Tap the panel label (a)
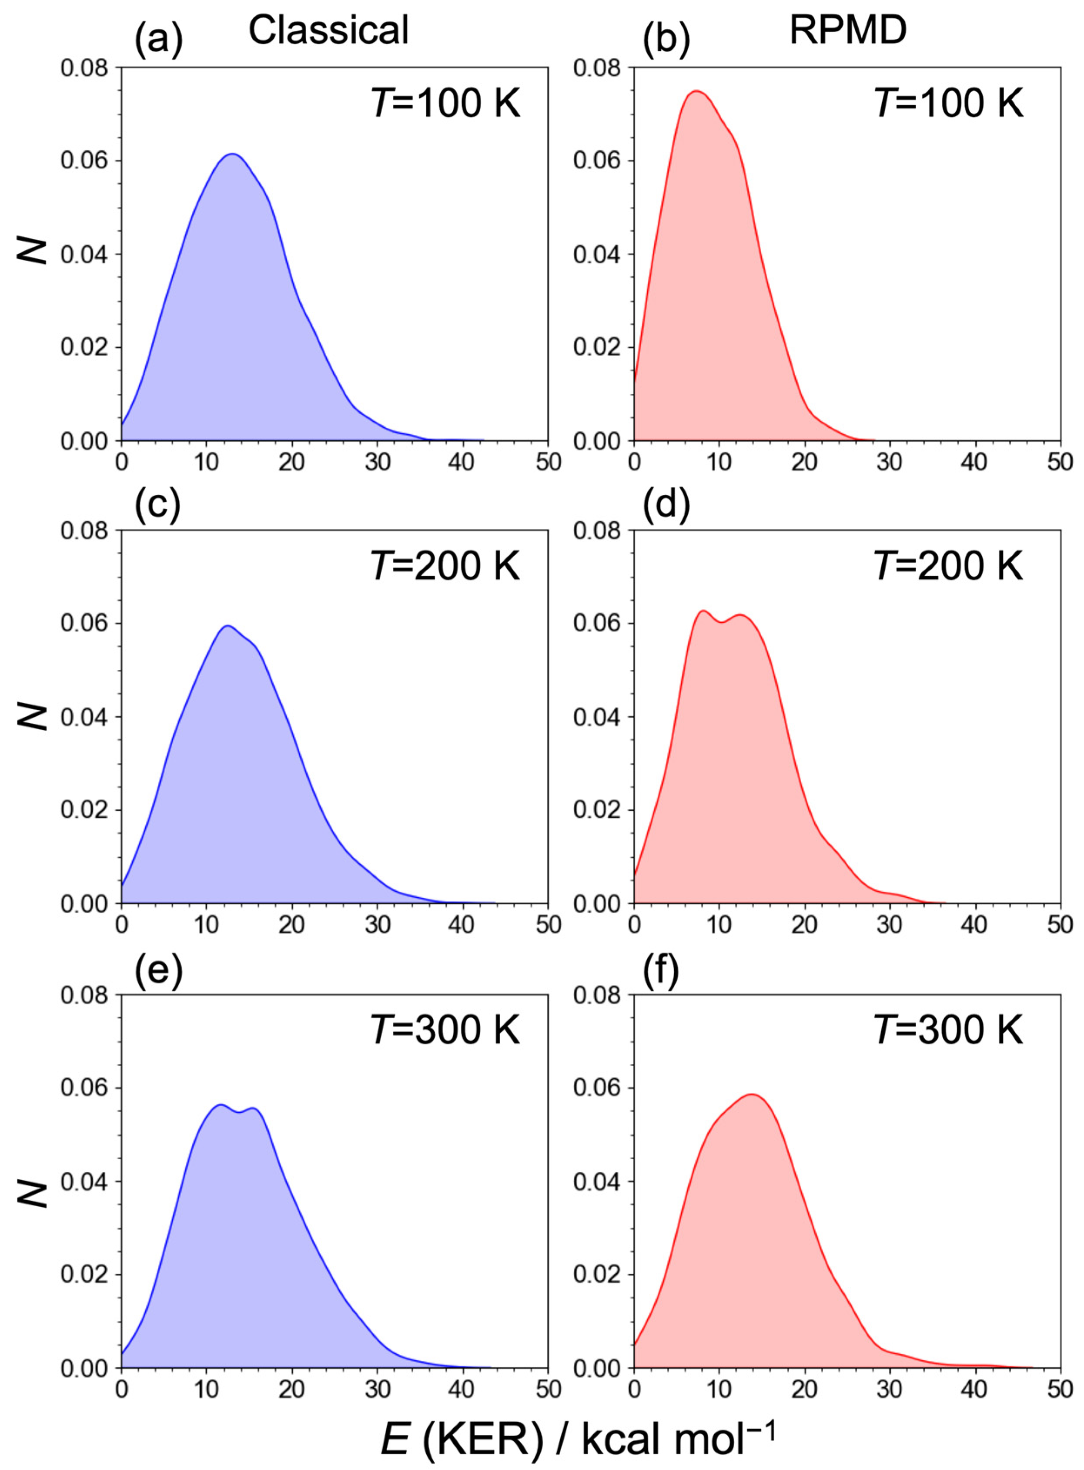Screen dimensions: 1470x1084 (x=158, y=40)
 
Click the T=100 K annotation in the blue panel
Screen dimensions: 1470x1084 (x=445, y=104)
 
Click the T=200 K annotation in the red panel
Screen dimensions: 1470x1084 (x=948, y=566)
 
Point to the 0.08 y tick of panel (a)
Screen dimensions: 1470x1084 (x=87, y=67)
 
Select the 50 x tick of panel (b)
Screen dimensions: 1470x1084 (x=1059, y=462)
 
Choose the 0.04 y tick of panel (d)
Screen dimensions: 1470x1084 (x=599, y=717)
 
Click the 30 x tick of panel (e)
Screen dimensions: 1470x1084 (x=377, y=1389)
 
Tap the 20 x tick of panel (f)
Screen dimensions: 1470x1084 (x=804, y=1389)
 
